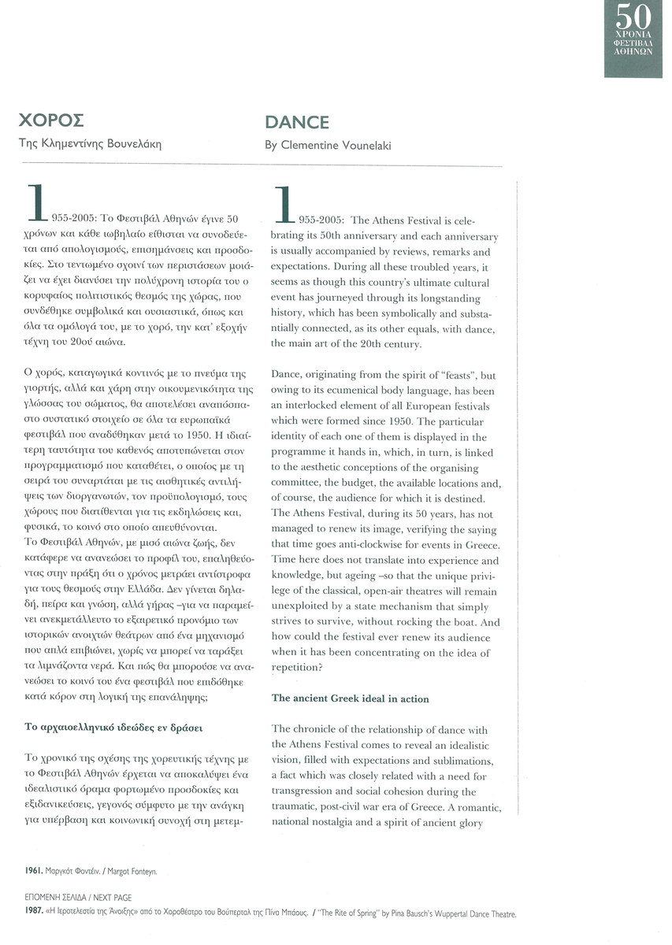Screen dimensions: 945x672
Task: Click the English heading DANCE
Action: [x=297, y=122]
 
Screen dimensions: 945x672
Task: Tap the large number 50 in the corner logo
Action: [x=634, y=17]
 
